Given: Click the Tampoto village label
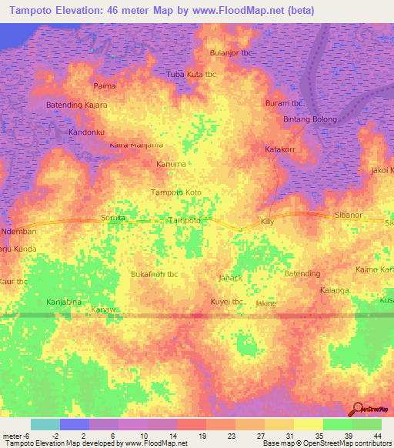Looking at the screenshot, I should click(x=185, y=220).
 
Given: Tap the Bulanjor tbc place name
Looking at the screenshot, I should click(x=232, y=52).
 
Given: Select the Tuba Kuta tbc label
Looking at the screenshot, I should click(x=192, y=75).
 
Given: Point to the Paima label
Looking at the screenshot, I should click(x=104, y=85).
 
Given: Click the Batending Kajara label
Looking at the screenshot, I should click(x=77, y=104).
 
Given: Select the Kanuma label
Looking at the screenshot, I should click(x=171, y=164).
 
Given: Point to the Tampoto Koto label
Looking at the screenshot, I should click(x=176, y=192).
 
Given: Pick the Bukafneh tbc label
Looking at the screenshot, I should click(x=155, y=274).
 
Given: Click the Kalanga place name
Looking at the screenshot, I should click(x=334, y=290).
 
